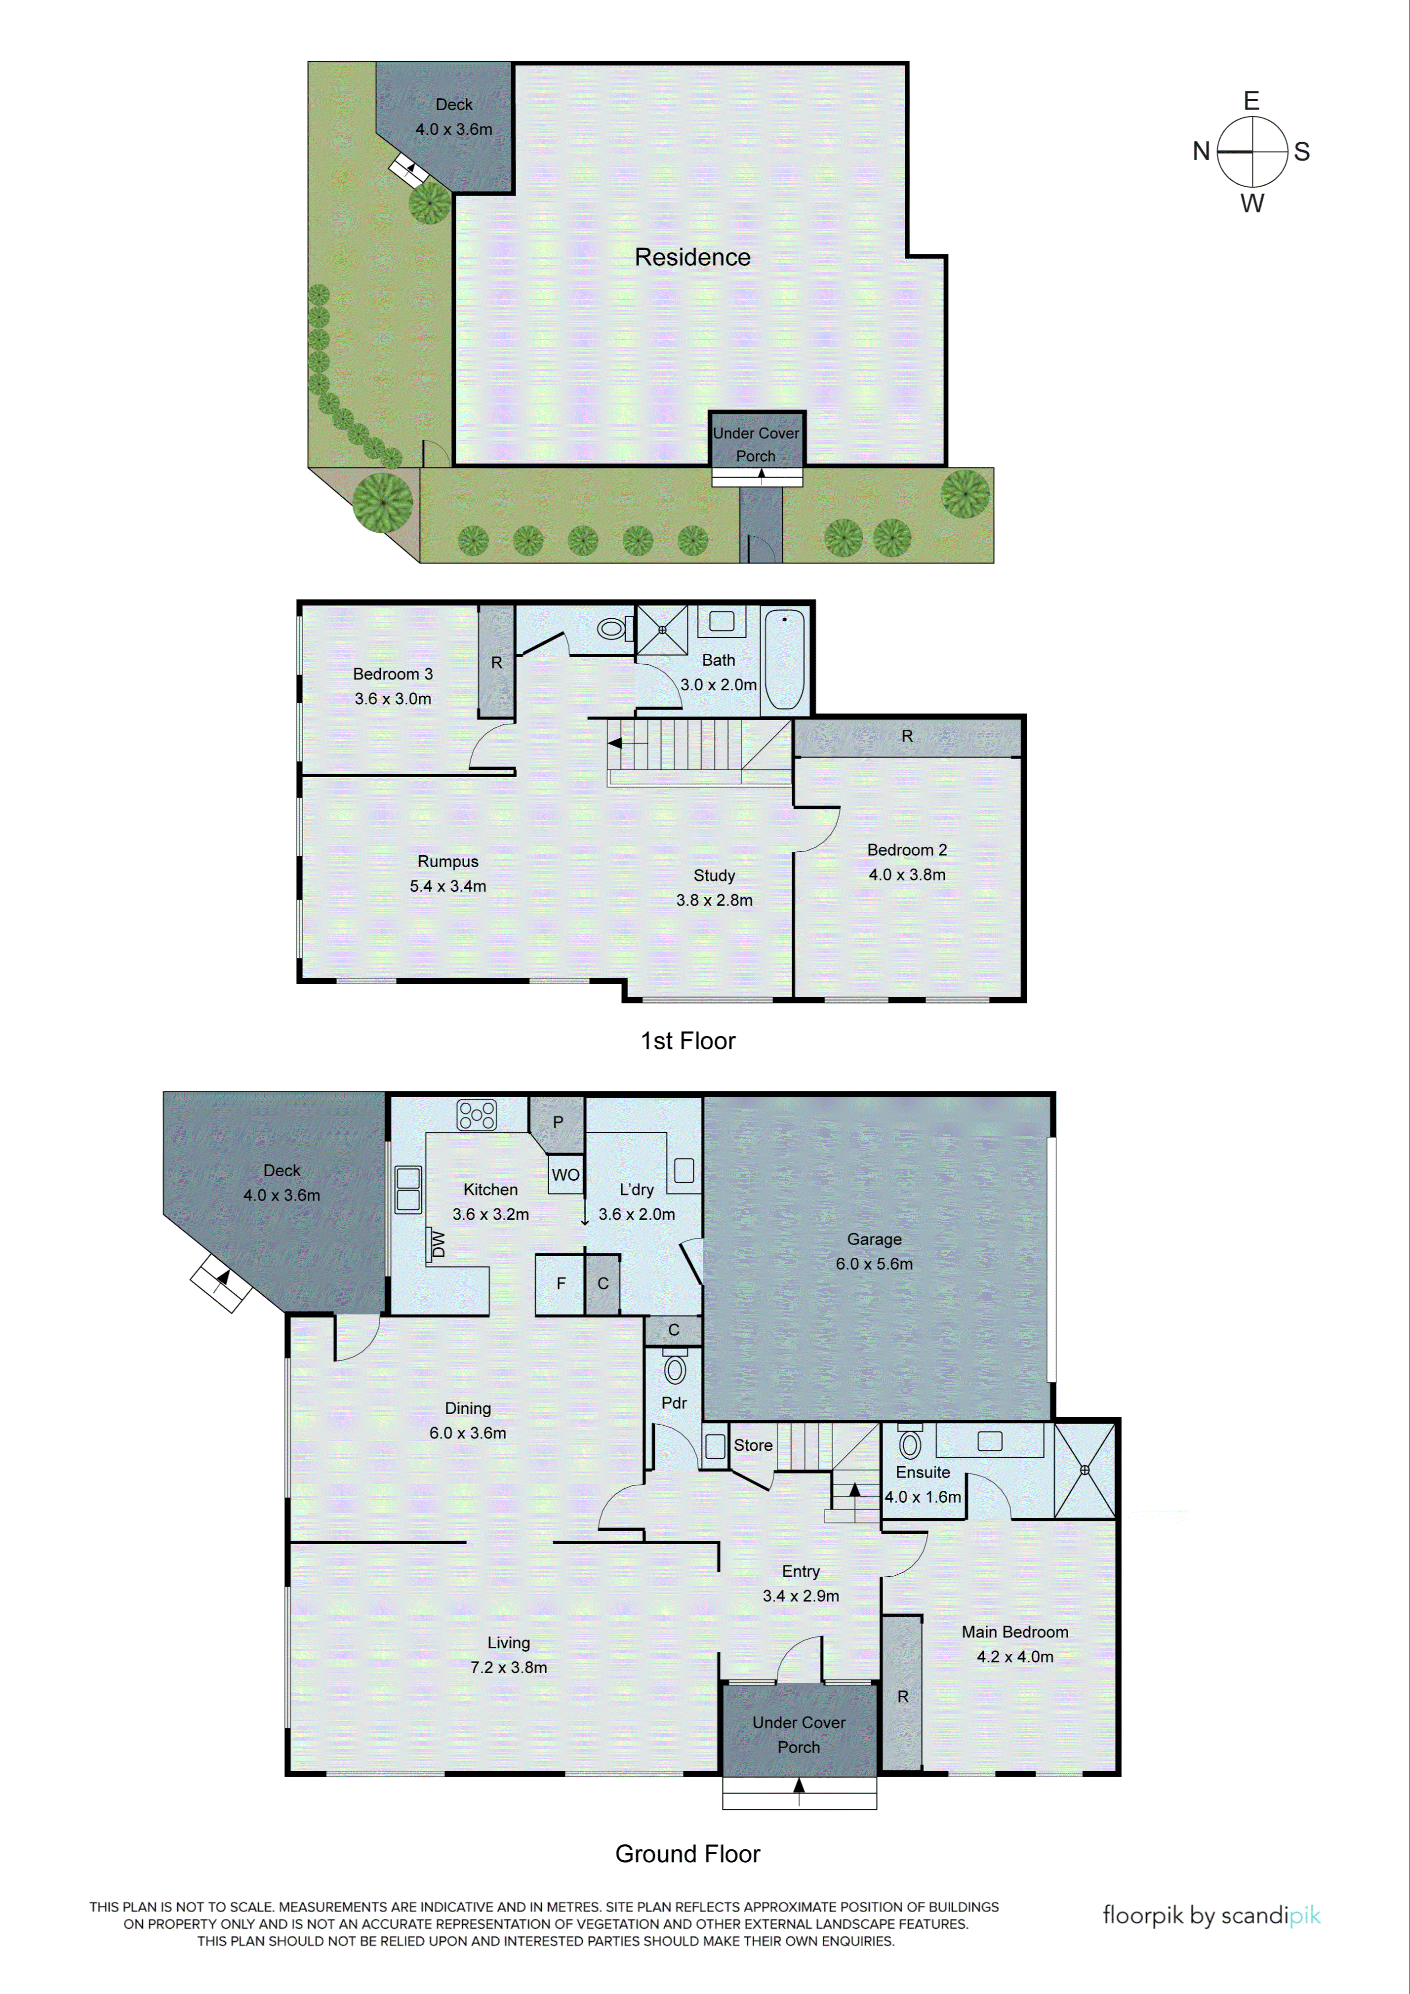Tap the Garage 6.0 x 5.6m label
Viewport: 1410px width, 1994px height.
pos(874,1251)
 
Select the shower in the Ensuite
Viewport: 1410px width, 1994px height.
pos(1084,1470)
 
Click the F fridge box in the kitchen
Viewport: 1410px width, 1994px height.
pos(561,1283)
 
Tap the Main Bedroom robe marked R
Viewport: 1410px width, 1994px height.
pos(903,1696)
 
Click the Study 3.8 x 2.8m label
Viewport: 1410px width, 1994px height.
pos(714,887)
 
